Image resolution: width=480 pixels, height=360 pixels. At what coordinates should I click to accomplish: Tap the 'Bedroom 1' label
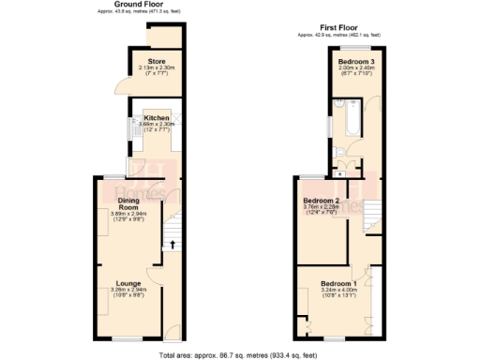click(x=338, y=284)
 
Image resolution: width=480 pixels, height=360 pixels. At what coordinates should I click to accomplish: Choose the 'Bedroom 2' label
click(x=322, y=201)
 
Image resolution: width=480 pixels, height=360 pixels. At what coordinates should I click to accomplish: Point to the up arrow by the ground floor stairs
click(x=172, y=245)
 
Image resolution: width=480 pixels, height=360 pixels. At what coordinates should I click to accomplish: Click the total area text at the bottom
click(x=240, y=354)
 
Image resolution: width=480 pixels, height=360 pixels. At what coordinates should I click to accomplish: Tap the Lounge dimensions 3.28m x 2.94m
click(x=128, y=292)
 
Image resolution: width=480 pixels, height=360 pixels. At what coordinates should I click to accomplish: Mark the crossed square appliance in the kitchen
click(x=164, y=115)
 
